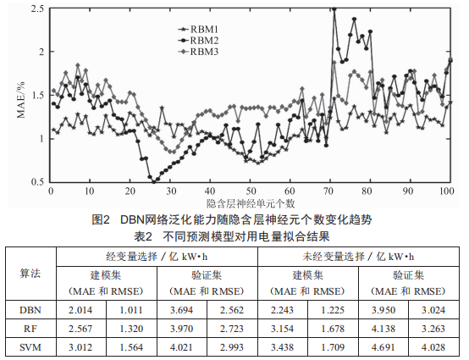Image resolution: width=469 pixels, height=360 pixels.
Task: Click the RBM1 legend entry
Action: [198, 30]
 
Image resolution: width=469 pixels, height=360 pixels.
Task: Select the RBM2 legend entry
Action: [198, 41]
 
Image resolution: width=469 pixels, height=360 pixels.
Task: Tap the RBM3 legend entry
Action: [198, 52]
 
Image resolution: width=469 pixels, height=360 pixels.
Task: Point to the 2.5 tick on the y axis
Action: [37, 8]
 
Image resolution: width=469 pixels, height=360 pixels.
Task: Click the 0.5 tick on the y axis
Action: [37, 182]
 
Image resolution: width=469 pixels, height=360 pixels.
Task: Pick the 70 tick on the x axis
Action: [328, 191]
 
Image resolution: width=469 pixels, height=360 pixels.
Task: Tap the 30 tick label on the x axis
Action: [171, 191]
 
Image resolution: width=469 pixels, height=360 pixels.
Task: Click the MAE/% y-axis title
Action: [21, 100]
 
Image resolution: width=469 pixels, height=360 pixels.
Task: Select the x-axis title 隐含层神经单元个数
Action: [251, 203]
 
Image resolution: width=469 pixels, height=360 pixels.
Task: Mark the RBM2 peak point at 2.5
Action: [334, 9]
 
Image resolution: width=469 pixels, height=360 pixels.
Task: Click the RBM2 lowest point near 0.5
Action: [154, 181]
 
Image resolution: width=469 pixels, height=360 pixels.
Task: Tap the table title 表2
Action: [143, 236]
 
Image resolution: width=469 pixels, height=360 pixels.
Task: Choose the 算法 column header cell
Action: [30, 274]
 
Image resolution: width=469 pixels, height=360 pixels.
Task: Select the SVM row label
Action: [30, 347]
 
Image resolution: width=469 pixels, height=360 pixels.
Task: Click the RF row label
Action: [30, 329]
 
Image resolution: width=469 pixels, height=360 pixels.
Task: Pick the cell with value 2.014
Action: [80, 310]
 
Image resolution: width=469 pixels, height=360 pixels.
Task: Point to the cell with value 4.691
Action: [383, 347]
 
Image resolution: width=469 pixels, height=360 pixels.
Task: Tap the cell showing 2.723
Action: [232, 329]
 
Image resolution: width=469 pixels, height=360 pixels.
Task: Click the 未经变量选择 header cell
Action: [358, 257]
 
